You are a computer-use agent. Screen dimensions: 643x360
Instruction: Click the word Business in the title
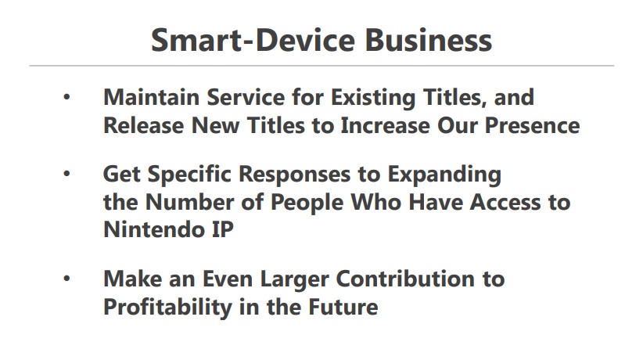(428, 40)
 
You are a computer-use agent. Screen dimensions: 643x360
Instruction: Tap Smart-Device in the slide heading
(253, 40)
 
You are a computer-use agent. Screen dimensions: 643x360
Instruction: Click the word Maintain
(151, 97)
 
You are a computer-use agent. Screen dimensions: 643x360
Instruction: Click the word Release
(143, 125)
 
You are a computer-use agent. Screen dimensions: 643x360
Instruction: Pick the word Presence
(532, 125)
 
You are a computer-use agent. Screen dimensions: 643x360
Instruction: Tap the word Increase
(385, 125)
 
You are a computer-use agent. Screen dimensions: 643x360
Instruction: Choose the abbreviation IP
(223, 229)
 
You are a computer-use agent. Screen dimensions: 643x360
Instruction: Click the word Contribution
(405, 279)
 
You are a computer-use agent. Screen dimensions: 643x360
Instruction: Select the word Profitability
(167, 308)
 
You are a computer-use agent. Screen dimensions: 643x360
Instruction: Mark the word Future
(343, 307)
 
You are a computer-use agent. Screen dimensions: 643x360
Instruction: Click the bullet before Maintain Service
(66, 97)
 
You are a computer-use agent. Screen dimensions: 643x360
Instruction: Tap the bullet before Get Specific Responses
(66, 174)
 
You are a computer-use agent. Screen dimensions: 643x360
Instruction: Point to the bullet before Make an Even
(66, 279)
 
